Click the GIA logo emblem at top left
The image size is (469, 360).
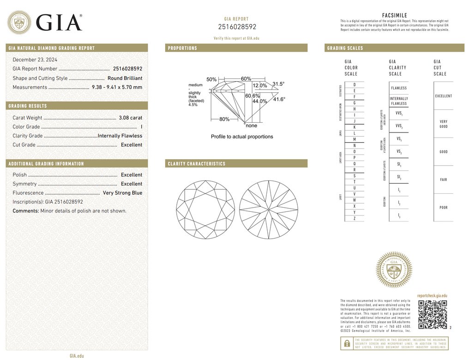tap(19, 22)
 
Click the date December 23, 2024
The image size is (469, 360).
tap(36, 60)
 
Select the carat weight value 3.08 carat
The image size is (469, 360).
tap(131, 118)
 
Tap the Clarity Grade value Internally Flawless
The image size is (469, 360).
tap(120, 136)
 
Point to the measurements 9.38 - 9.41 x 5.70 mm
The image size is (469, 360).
tap(117, 87)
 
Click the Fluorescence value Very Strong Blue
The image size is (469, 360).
tap(122, 193)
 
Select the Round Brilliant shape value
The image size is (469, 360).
tap(125, 78)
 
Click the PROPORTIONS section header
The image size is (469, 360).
tap(182, 48)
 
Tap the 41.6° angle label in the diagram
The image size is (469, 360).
tap(279, 99)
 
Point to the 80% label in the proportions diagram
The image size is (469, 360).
tap(224, 119)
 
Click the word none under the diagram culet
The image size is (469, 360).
tap(252, 126)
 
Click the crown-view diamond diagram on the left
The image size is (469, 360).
tap(205, 210)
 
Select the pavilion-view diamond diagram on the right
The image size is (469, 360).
tap(268, 210)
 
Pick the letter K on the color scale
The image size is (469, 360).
tap(354, 127)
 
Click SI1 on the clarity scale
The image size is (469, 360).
tap(398, 164)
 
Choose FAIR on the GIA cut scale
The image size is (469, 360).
tap(443, 180)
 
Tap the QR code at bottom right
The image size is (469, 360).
tap(432, 314)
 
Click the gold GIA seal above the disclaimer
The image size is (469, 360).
tap(393, 270)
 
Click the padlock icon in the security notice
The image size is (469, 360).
tap(345, 343)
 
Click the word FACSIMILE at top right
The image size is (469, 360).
tap(395, 15)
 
